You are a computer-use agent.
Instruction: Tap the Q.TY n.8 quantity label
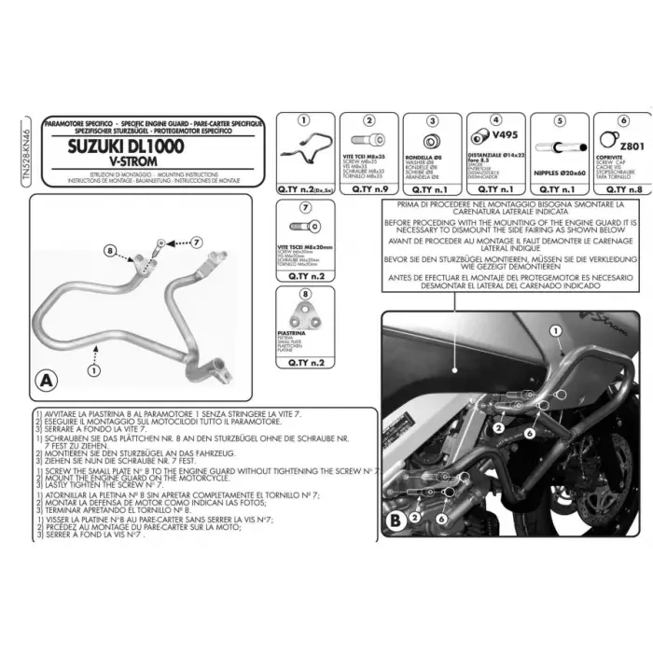618,188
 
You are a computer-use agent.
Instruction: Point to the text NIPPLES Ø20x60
558,173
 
